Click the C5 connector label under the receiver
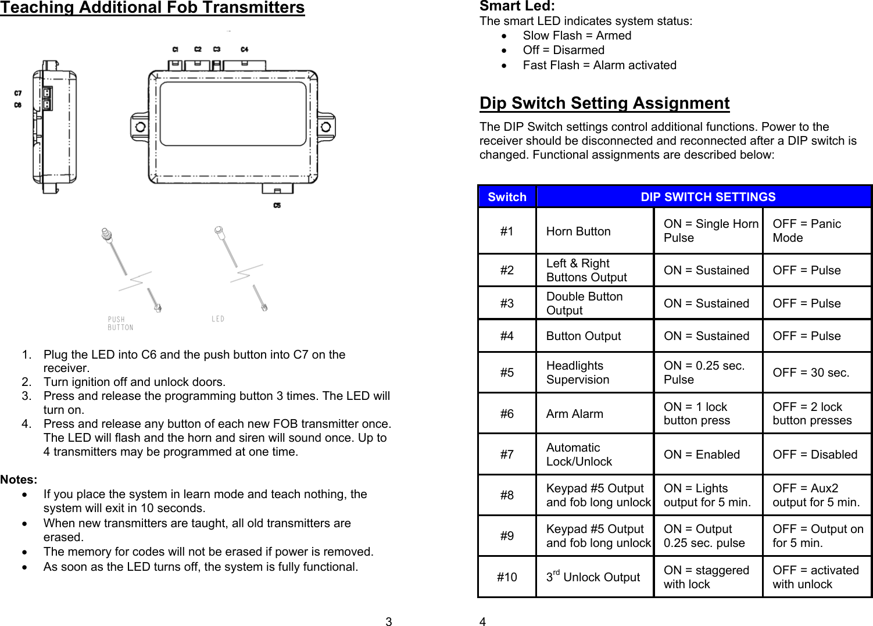[x=277, y=205]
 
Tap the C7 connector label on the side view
[x=18, y=93]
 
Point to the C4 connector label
[x=245, y=49]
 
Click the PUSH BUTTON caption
[x=120, y=324]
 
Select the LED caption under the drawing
[x=218, y=319]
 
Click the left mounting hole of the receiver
[x=141, y=127]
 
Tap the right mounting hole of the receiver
[x=325, y=127]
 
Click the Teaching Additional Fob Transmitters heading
[x=152, y=8]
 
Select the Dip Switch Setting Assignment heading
[x=604, y=103]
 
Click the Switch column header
[x=507, y=197]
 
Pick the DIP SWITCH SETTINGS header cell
[x=707, y=197]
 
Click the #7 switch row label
[x=507, y=455]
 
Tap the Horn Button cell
[x=578, y=231]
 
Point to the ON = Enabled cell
[x=702, y=455]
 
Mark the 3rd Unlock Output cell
[x=593, y=577]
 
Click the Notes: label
[x=19, y=480]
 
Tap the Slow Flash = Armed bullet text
[x=577, y=35]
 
